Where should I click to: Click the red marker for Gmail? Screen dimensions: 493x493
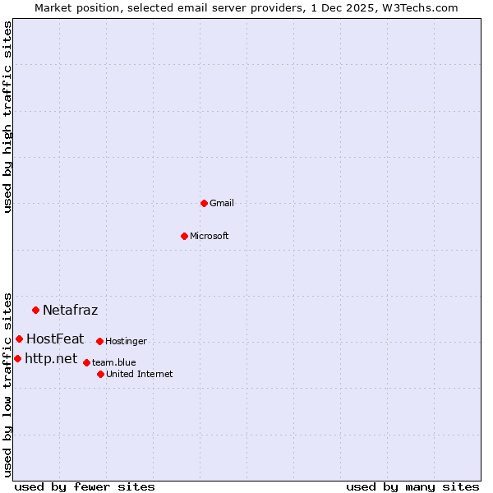(204, 203)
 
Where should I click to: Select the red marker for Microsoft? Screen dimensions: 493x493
(184, 236)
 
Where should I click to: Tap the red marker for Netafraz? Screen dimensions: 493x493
(35, 310)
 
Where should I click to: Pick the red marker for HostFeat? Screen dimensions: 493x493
(19, 339)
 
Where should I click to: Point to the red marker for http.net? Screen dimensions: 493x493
(17, 358)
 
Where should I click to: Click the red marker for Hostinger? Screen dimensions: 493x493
(99, 341)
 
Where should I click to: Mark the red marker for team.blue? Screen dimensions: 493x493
(86, 362)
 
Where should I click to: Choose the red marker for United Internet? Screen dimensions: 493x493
(100, 374)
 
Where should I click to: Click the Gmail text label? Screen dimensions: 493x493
(222, 204)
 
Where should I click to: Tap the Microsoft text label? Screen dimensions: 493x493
(210, 237)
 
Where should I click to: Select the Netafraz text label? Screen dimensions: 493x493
(70, 310)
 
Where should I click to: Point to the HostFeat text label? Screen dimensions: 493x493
(55, 339)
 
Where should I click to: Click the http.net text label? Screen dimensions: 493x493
(51, 358)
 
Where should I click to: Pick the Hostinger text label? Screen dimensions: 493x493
(126, 341)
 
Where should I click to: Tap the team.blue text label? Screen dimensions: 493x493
(114, 362)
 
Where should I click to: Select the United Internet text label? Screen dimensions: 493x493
(140, 374)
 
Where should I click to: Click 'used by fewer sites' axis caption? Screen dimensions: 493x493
(85, 486)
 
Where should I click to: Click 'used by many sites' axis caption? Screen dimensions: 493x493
(412, 486)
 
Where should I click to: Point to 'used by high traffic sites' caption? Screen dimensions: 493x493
(8, 117)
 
